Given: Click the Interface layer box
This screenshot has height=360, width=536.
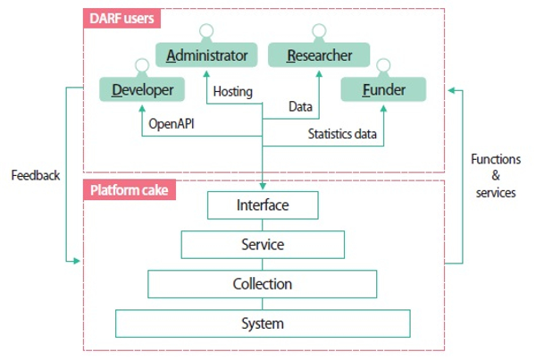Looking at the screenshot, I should (x=263, y=205).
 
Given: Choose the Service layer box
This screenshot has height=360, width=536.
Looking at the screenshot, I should (x=263, y=245).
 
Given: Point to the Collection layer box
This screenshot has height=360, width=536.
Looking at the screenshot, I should (x=263, y=284).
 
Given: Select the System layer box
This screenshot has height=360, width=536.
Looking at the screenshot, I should (x=263, y=323).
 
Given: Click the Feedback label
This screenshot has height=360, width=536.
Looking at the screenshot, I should (x=36, y=176).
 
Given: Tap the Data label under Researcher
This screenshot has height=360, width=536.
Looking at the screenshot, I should (x=301, y=106).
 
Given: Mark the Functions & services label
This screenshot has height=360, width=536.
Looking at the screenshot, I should (x=496, y=176).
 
